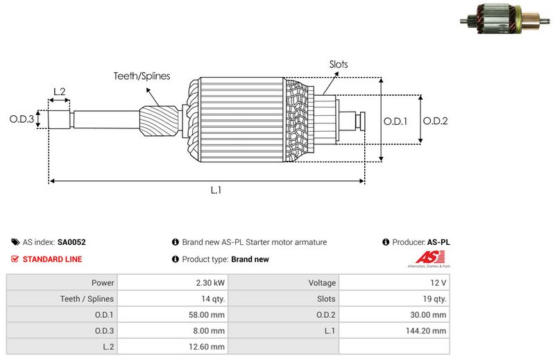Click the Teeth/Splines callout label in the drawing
[142, 76]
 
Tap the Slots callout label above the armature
[339, 65]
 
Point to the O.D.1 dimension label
[395, 121]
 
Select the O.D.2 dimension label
[435, 121]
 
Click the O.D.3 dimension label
[22, 119]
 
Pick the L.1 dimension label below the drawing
[216, 190]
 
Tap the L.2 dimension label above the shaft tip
[59, 92]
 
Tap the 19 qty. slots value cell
[434, 299]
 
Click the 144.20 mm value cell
[429, 331]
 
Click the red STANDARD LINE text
[52, 259]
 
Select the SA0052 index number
[71, 243]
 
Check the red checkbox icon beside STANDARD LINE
[15, 259]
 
